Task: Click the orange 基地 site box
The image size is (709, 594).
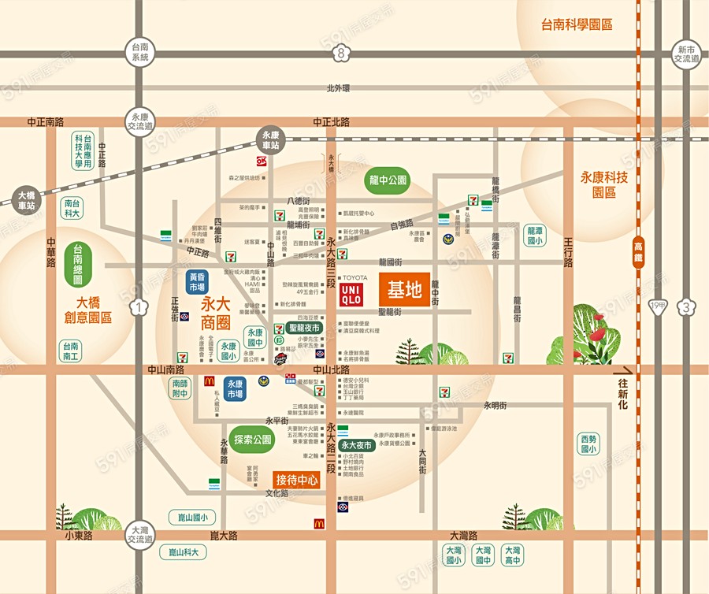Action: pos(404,291)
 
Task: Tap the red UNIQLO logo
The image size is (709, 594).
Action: pos(351,295)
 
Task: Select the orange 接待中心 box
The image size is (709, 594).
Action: pos(297,478)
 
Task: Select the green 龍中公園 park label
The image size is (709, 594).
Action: pos(388,180)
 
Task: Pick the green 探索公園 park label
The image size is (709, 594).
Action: pos(252,439)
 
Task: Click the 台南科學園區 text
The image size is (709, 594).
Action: pos(577,24)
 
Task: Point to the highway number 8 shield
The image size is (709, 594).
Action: pos(340,54)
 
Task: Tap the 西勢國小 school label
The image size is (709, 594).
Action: pos(588,444)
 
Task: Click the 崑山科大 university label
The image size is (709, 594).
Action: pos(183,552)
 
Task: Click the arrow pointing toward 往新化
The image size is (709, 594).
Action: pos(625,370)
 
